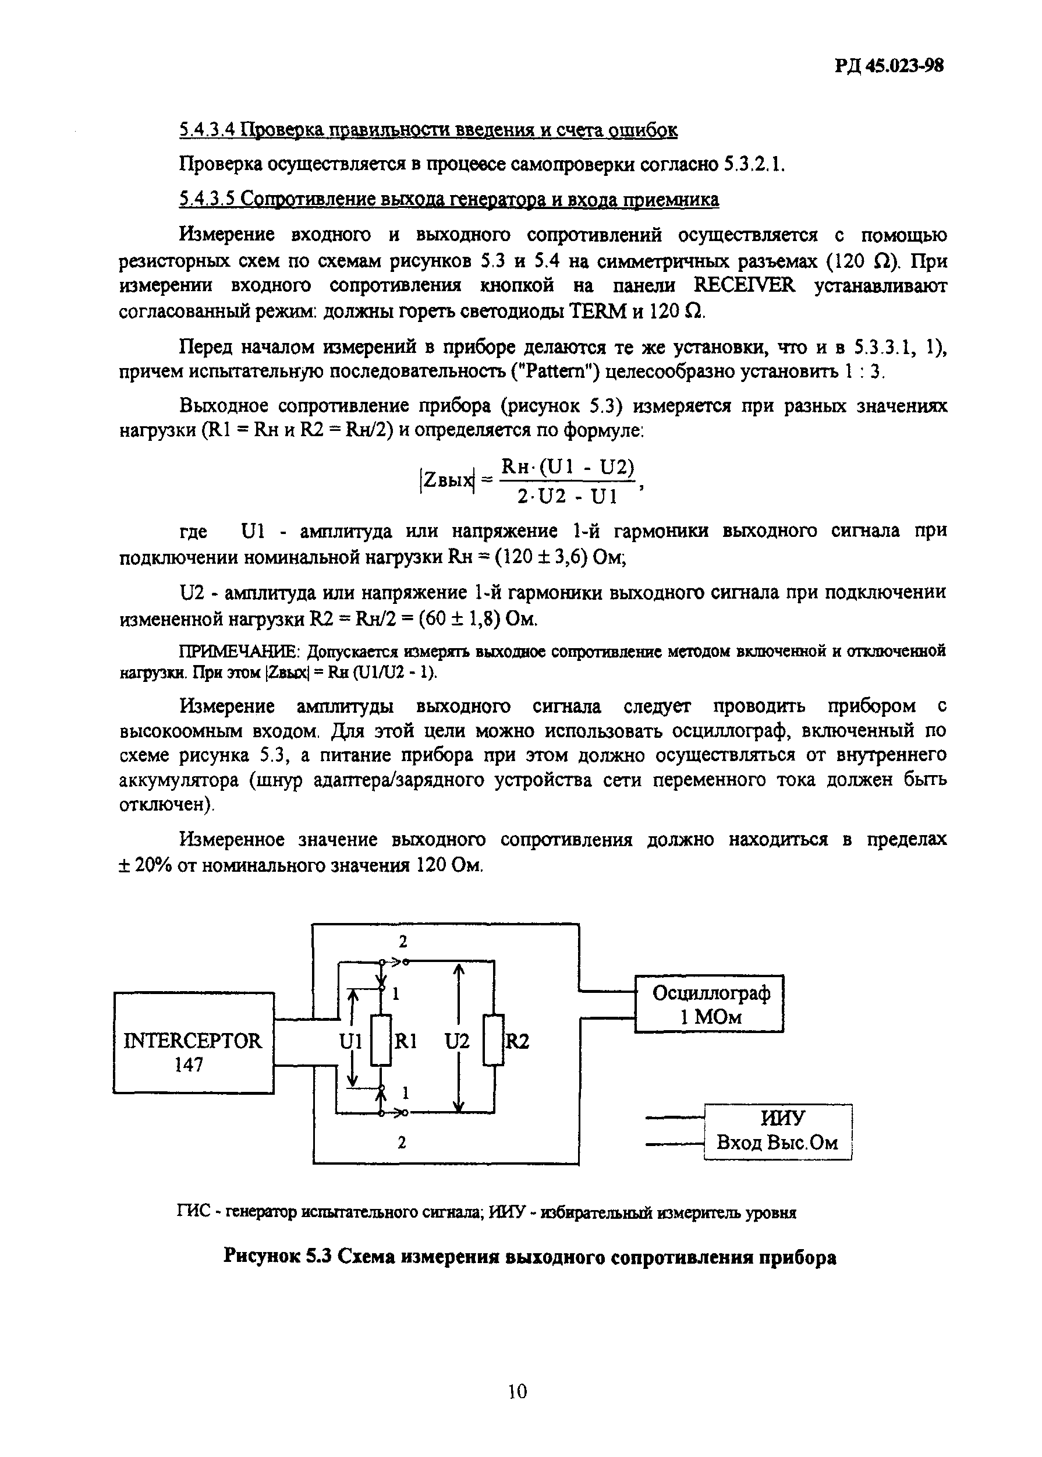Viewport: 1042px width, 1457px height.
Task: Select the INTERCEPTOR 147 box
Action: click(193, 1042)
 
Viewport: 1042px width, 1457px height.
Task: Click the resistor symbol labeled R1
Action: click(381, 1040)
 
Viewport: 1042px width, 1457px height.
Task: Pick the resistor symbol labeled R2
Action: click(494, 1040)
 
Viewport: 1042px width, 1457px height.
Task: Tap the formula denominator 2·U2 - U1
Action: click(567, 496)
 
